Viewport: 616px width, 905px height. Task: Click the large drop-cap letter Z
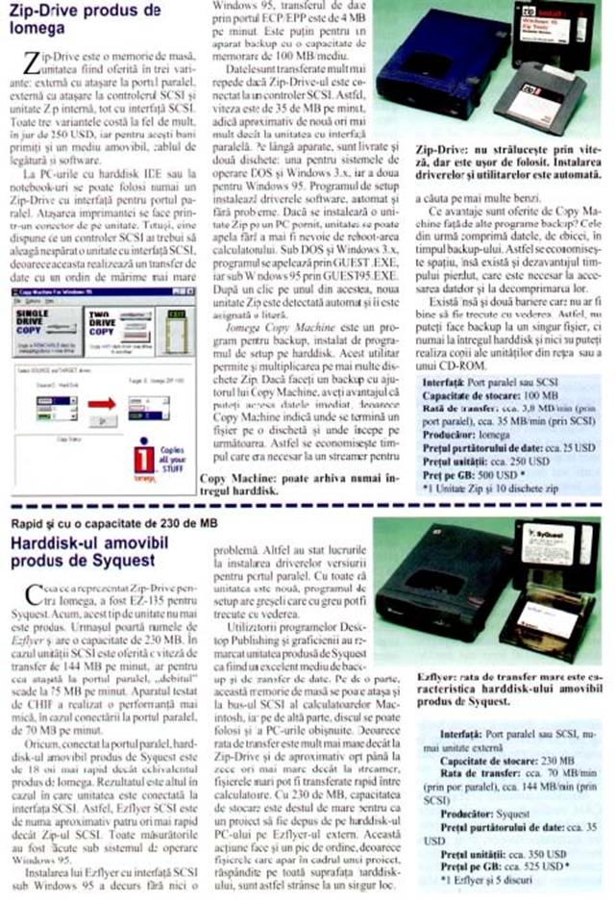29,64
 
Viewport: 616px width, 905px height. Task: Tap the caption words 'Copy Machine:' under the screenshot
232,478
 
